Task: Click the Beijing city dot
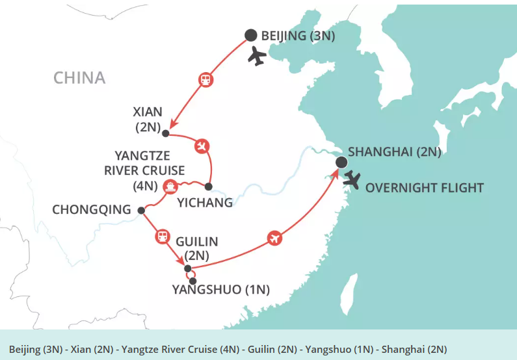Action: point(250,36)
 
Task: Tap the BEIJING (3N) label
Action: point(298,36)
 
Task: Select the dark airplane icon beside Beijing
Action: point(258,57)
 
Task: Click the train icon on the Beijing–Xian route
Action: point(205,81)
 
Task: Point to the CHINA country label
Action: point(79,78)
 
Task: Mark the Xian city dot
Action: point(165,134)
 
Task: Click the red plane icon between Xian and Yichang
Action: point(202,146)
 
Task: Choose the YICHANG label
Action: point(204,203)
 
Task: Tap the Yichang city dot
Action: point(208,186)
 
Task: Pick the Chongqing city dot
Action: point(141,210)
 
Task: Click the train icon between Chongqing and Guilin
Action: point(161,236)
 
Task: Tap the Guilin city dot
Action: point(187,268)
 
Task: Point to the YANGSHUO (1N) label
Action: point(221,289)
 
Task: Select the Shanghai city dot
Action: point(341,162)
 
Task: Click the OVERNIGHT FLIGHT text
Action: point(425,188)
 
